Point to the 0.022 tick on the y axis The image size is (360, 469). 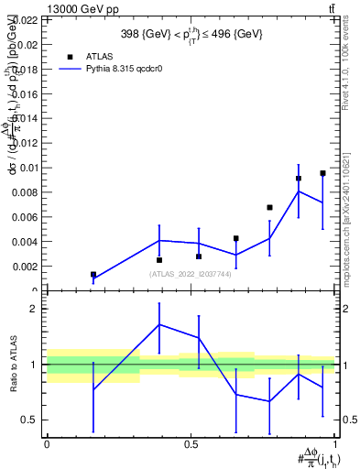(x=26, y=19)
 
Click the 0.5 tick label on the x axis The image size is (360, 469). (x=191, y=444)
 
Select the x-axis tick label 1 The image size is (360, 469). (x=337, y=444)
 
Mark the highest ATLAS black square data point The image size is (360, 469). (x=322, y=173)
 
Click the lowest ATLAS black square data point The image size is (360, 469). (x=93, y=274)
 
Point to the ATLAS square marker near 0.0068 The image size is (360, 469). (x=269, y=208)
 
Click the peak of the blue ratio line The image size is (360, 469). (x=159, y=324)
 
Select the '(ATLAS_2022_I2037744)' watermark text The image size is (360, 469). (x=190, y=273)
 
